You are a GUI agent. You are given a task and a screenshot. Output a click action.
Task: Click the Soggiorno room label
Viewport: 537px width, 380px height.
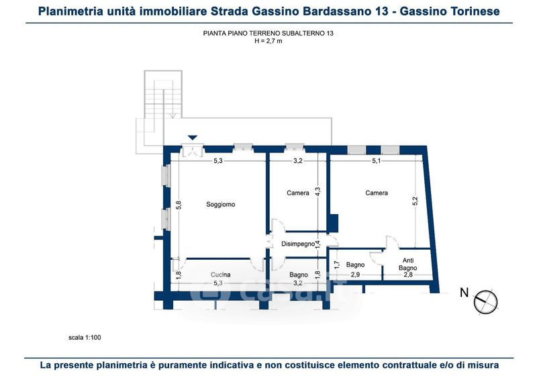tap(221, 205)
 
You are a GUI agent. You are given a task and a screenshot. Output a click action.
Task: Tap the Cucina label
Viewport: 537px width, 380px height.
tap(221, 275)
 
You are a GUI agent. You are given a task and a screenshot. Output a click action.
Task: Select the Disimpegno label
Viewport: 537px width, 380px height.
tap(298, 244)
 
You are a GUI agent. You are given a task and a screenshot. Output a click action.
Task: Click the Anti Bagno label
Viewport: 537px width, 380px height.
tap(408, 264)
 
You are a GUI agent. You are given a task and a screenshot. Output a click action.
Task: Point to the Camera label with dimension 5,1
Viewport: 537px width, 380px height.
tap(377, 193)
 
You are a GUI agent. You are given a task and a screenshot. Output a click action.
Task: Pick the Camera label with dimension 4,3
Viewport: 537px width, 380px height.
tap(298, 193)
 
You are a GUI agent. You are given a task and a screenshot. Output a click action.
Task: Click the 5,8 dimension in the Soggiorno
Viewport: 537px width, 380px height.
tap(179, 205)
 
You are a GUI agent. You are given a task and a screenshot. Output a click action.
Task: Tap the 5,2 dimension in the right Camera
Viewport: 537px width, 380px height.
tap(415, 201)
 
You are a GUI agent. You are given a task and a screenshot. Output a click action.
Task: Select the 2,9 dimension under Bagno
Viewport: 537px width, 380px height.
tap(355, 275)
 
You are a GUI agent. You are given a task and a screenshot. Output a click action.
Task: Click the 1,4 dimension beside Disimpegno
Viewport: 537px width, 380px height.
tap(318, 244)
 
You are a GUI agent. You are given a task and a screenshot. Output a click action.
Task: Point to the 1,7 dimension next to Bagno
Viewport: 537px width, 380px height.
tap(336, 265)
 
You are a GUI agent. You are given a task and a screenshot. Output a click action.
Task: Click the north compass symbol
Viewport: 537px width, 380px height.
tap(485, 301)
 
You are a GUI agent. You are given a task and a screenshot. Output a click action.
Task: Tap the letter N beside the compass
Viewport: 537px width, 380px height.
tap(464, 293)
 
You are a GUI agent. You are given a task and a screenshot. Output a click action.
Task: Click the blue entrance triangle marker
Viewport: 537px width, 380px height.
tap(193, 138)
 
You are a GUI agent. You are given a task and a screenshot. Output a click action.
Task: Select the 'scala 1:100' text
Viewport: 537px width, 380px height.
tap(85, 338)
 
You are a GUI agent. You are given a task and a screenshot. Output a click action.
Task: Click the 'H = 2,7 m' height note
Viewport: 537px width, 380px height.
tap(268, 41)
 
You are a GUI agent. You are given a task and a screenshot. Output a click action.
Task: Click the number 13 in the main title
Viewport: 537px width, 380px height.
tap(381, 11)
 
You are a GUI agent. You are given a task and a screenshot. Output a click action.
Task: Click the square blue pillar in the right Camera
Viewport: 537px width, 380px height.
tap(333, 222)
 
